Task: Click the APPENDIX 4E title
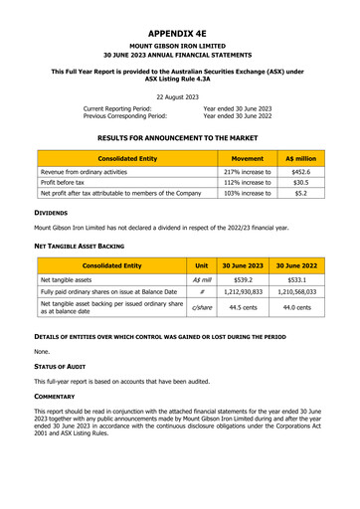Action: pos(180,32)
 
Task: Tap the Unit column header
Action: pos(201,266)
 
